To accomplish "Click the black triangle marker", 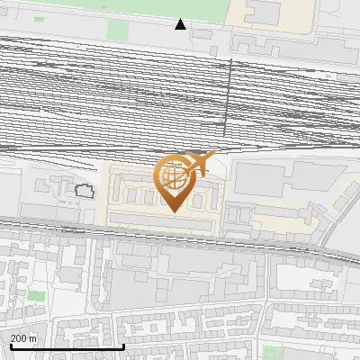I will click(181, 24).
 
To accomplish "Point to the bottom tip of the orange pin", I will click(173, 211).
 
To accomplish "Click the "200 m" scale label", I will click(24, 338).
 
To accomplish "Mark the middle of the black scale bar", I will click(67, 346).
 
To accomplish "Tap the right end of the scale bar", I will click(123, 346).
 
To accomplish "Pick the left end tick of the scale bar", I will click(11, 346).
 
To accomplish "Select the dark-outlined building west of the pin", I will click(85, 191).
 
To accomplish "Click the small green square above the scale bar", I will click(36, 295).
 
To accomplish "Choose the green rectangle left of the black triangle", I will click(118, 29).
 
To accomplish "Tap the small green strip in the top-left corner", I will click(39, 19).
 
